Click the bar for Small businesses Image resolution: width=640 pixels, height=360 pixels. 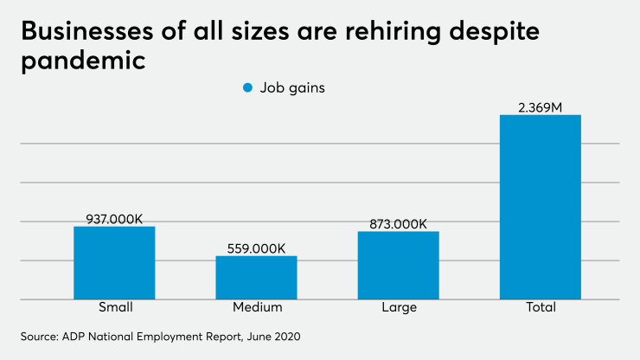click(x=114, y=263)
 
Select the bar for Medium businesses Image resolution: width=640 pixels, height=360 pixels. click(x=256, y=278)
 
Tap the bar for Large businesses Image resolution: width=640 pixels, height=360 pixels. click(x=398, y=266)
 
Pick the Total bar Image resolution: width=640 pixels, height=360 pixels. click(x=540, y=208)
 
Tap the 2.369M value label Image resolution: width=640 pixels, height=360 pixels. click(x=540, y=107)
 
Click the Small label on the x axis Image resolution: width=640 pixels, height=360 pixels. click(x=114, y=308)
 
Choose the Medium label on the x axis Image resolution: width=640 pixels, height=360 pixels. click(x=257, y=308)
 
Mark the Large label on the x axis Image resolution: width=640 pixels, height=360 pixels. click(x=398, y=308)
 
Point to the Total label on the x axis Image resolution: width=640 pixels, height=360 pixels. click(x=540, y=308)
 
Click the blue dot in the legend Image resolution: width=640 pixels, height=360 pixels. click(x=247, y=87)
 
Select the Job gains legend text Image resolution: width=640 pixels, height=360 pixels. click(x=294, y=87)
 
